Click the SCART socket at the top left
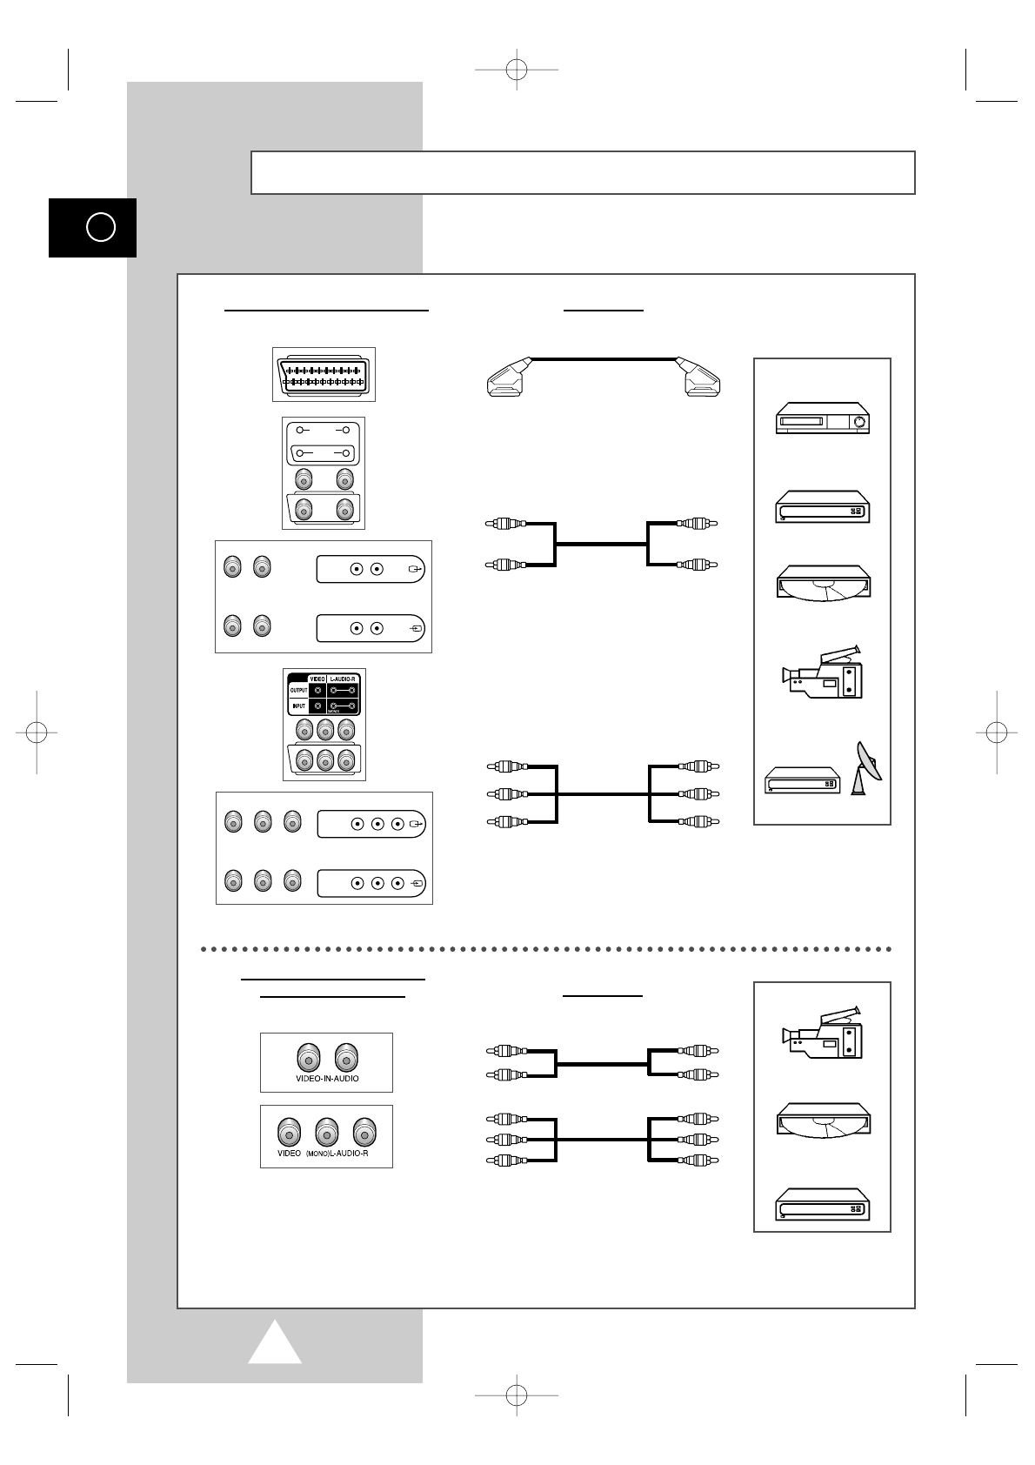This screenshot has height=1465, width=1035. coord(324,375)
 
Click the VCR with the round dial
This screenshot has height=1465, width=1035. coord(823,418)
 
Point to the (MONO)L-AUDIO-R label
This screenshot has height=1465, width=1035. coord(337,1153)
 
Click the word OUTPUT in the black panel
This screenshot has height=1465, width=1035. coord(298,691)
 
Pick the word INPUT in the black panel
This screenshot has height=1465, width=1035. coord(297,706)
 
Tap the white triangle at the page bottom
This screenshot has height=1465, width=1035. coord(275,1344)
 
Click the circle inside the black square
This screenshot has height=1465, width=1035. coord(101,228)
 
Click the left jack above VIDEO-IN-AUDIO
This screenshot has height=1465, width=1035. coord(307,1057)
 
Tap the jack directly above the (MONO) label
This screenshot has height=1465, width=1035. coord(326,1132)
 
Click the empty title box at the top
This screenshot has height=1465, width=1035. coord(583,172)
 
